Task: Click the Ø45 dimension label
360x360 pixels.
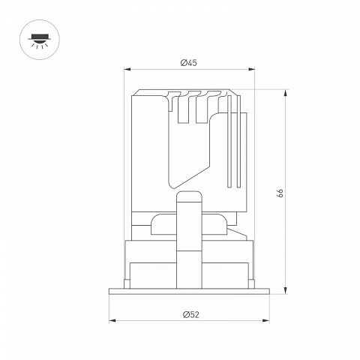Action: [x=189, y=63]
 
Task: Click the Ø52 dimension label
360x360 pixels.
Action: [x=191, y=315]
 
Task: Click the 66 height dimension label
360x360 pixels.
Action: [x=280, y=193]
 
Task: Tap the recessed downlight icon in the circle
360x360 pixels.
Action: [x=40, y=40]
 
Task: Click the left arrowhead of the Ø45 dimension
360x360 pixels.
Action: [x=127, y=69]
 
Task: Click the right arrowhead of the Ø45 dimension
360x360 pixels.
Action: [x=251, y=69]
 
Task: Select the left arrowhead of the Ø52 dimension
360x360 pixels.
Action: [x=112, y=320]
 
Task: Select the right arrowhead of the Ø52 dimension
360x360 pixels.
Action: [x=266, y=320]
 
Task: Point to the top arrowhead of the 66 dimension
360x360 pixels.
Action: [x=285, y=93]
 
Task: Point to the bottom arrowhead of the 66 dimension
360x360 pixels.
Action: [x=285, y=290]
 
